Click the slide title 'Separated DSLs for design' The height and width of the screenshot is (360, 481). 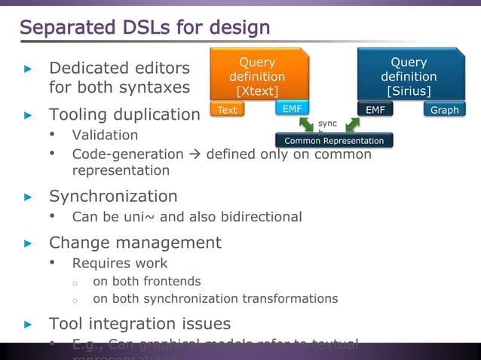pyautogui.click(x=144, y=28)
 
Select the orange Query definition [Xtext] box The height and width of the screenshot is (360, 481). pyautogui.click(x=257, y=76)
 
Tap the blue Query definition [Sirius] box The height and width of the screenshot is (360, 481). pyautogui.click(x=409, y=76)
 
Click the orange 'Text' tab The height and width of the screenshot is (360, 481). pyautogui.click(x=227, y=110)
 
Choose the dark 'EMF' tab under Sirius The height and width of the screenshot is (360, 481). pyautogui.click(x=375, y=110)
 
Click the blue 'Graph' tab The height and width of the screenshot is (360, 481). pyautogui.click(x=444, y=110)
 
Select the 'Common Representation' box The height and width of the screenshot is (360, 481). pyautogui.click(x=333, y=141)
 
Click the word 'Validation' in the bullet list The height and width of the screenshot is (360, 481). pyautogui.click(x=105, y=136)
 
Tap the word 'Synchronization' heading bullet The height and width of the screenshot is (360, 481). pyautogui.click(x=113, y=197)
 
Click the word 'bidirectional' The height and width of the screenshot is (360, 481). pyautogui.click(x=263, y=217)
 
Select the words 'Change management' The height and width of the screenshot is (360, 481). pyautogui.click(x=135, y=243)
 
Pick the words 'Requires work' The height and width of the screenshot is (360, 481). pyautogui.click(x=119, y=264)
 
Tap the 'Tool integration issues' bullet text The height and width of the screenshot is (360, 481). pyautogui.click(x=139, y=324)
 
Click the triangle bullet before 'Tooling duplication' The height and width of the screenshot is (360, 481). pyautogui.click(x=28, y=115)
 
